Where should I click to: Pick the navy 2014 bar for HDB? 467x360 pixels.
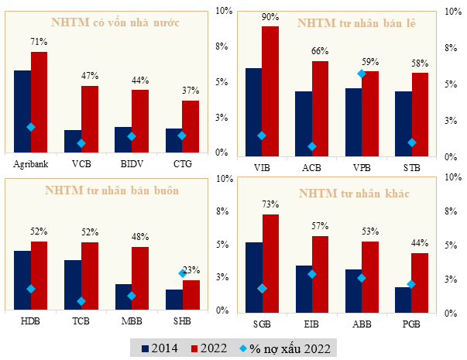[22, 280]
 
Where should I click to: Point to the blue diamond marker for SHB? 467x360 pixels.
[183, 273]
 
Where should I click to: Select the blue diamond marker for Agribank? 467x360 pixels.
[31, 127]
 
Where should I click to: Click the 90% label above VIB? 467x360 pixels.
[270, 17]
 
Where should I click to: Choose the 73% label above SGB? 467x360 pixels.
[270, 205]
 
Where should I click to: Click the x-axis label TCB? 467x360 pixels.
[81, 321]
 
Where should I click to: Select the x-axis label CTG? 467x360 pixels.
[182, 163]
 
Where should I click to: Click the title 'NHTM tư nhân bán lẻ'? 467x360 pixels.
[357, 24]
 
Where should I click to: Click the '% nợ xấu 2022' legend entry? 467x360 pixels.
[285, 348]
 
